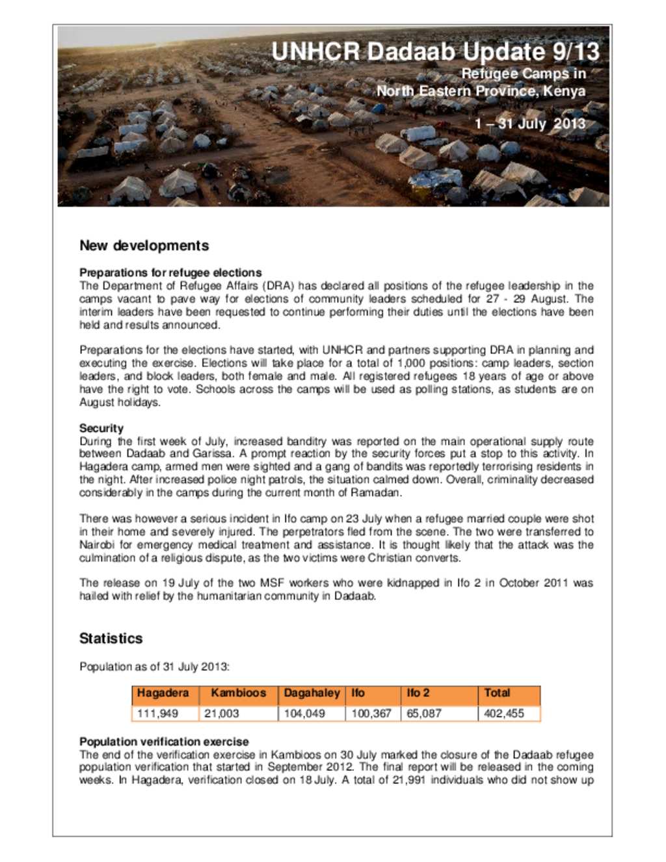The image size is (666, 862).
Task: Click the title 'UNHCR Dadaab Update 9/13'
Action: click(x=435, y=52)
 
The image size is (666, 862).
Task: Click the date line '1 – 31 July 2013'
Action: click(x=529, y=124)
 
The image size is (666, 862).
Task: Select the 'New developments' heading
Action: click(x=144, y=246)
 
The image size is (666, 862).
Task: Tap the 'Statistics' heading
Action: click(x=111, y=638)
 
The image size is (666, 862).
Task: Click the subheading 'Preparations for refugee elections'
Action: click(x=170, y=273)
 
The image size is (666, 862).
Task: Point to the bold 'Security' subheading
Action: click(x=101, y=428)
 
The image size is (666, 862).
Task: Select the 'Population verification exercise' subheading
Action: click(x=164, y=742)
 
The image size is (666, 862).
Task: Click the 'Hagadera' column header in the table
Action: click(x=163, y=694)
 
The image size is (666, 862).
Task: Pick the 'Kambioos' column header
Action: click(x=238, y=694)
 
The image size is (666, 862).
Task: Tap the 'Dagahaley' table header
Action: click(x=312, y=694)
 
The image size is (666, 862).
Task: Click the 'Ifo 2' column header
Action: click(x=418, y=694)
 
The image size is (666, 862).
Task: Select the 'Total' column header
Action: click(x=497, y=694)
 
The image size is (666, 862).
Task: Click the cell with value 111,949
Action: click(x=157, y=714)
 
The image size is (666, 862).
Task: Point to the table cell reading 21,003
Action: click(x=222, y=714)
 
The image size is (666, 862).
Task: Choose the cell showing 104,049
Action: click(x=304, y=714)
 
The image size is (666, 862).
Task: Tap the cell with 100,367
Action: click(x=371, y=714)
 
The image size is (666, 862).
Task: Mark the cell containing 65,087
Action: click(x=424, y=714)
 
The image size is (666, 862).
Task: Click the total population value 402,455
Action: click(x=504, y=714)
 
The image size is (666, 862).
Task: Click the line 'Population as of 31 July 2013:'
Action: click(x=154, y=667)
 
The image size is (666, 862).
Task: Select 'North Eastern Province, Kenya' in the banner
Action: click(x=481, y=91)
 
